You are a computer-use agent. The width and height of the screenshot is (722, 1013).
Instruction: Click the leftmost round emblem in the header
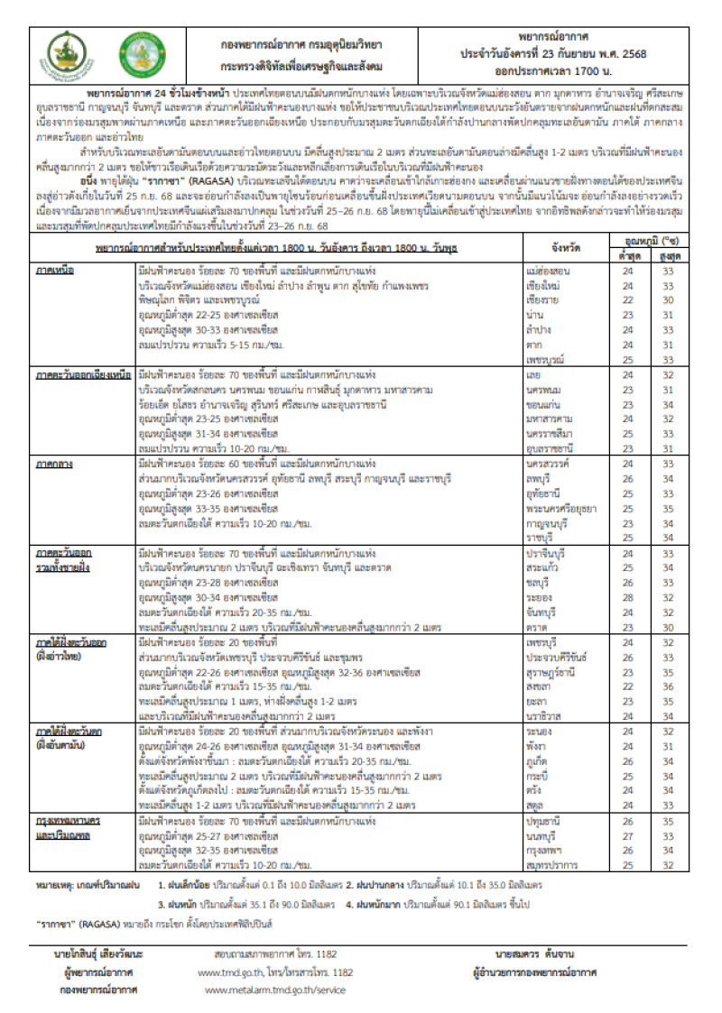click(67, 54)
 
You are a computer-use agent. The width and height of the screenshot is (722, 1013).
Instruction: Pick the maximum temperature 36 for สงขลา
click(669, 686)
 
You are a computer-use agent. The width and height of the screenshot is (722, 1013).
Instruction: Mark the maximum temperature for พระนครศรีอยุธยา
click(669, 508)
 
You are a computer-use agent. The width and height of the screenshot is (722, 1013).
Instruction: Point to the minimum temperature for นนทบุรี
click(629, 835)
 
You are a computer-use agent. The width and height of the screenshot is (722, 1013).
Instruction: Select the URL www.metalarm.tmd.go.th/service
click(275, 990)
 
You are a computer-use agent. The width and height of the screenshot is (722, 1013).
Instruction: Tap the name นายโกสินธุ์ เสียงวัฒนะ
click(97, 953)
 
